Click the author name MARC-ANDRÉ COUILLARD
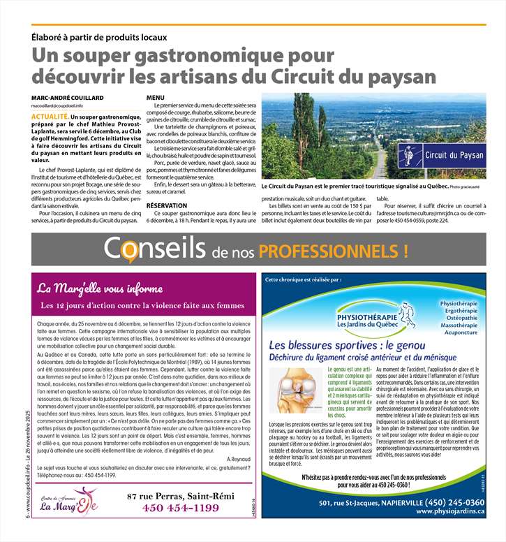[67, 97]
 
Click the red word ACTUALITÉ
[49, 113]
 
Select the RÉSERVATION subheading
[166, 206]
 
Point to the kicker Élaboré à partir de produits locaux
[99, 37]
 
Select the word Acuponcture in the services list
[457, 332]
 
